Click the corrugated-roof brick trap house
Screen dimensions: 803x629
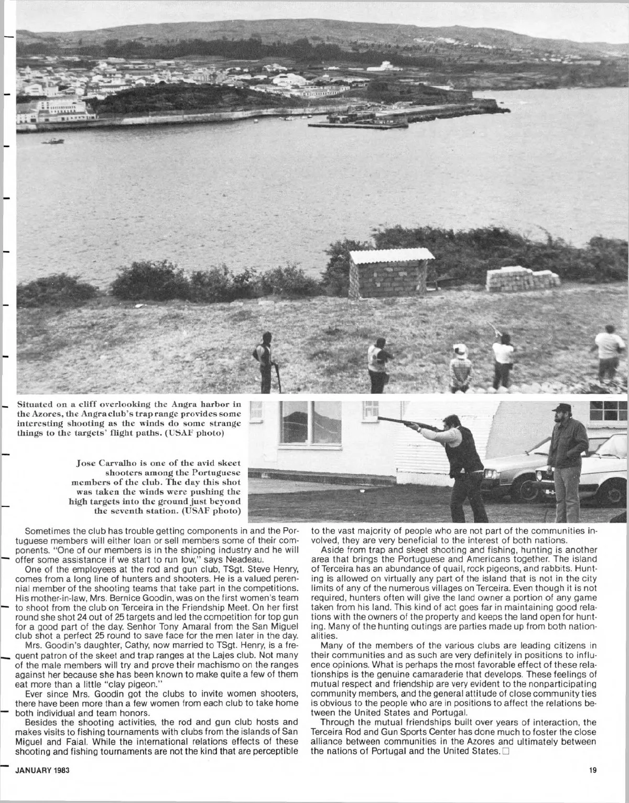[391, 273]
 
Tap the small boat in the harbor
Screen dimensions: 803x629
[53, 141]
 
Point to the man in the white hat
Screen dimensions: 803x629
[460, 366]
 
